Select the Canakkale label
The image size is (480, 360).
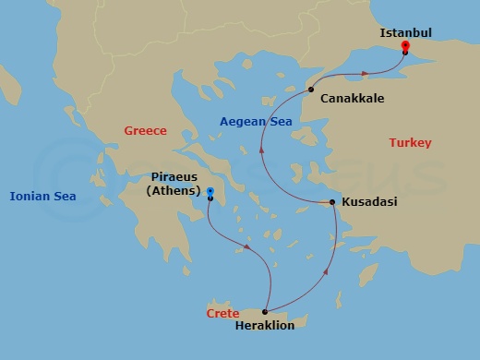[x=352, y=98]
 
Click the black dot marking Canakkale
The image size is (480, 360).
[x=311, y=90]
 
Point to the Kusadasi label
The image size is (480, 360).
[x=369, y=201]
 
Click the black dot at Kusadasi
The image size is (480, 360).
[x=332, y=201]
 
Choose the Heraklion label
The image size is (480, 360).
[x=266, y=326]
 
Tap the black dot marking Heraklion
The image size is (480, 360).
[x=265, y=312]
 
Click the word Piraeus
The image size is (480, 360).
[x=173, y=177]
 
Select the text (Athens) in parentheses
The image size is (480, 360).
[x=173, y=191]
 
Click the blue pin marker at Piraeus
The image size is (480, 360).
[x=210, y=193]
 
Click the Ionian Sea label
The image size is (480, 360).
[x=42, y=196]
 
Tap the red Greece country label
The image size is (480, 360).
[x=145, y=131]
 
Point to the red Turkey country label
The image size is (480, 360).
[x=410, y=142]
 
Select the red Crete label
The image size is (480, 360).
[x=222, y=314]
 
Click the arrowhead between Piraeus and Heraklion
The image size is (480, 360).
[x=247, y=246]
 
